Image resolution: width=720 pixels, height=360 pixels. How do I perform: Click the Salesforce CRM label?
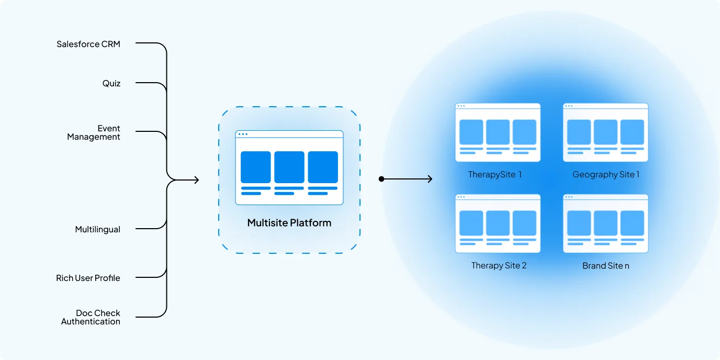88,44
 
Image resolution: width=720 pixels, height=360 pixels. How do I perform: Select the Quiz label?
111,83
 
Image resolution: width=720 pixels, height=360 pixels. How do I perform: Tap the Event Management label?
94,132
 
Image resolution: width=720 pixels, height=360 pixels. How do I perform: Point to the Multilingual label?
98,229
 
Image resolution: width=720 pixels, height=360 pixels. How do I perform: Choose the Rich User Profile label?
88,278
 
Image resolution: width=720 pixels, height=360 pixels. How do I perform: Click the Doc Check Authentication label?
91,317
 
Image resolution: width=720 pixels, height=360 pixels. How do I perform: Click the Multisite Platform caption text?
289,223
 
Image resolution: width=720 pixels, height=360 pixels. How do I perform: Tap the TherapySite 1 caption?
495,174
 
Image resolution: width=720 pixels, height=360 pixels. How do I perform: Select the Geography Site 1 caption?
606,174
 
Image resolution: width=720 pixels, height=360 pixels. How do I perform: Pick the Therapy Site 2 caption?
499,265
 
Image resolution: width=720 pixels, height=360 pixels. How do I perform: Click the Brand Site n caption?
606,265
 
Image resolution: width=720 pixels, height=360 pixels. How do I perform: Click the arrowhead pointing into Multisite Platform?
197,180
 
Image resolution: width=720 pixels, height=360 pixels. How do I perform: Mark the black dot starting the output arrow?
381,179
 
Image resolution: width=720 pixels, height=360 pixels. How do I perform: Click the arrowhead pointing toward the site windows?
430,179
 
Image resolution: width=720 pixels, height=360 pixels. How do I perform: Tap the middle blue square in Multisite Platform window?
289,167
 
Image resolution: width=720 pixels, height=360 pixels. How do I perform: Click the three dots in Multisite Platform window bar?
243,134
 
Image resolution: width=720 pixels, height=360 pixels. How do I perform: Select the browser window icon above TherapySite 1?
498,132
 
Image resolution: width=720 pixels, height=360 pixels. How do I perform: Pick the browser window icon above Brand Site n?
605,223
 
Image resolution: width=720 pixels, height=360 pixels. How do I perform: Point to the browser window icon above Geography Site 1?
605,132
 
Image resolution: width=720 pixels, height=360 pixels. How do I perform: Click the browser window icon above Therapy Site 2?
498,223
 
